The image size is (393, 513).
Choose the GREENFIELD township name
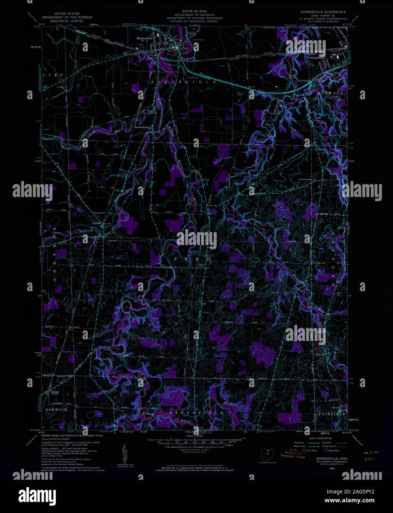197,413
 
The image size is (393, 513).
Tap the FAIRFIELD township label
332,414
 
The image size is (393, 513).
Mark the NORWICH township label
56,410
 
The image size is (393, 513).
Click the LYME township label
53,75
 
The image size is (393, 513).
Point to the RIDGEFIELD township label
183,82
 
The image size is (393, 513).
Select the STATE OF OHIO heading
194,12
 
